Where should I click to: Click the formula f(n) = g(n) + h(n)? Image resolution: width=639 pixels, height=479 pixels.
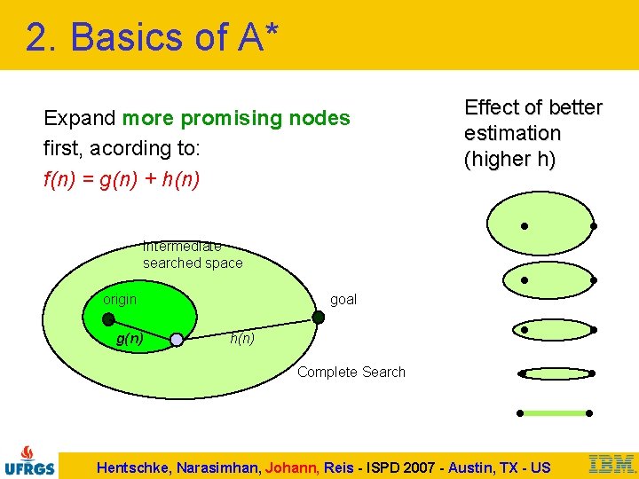[x=122, y=180]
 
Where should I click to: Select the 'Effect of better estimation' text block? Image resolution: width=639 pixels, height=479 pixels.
[x=532, y=134]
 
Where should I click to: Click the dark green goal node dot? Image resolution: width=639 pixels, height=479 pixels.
[x=319, y=317]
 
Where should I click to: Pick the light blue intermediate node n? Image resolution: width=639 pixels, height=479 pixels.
[x=177, y=340]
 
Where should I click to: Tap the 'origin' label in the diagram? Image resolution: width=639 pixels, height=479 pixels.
[x=120, y=300]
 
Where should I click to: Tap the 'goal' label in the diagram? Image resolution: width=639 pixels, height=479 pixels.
[x=343, y=300]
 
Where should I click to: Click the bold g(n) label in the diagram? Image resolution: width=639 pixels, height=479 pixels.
[x=130, y=339]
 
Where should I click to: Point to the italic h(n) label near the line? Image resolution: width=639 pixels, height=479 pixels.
[x=242, y=339]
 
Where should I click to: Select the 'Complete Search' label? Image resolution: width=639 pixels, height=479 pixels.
[x=351, y=373]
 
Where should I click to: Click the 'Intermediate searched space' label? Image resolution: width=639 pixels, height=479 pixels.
[x=192, y=255]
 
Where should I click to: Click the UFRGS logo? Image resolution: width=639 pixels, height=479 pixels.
[x=30, y=459]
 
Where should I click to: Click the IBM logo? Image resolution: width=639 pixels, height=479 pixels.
[x=611, y=463]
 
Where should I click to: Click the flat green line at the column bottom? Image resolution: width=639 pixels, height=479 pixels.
[x=555, y=413]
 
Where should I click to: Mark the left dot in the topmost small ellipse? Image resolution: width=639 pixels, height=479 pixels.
[x=525, y=226]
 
